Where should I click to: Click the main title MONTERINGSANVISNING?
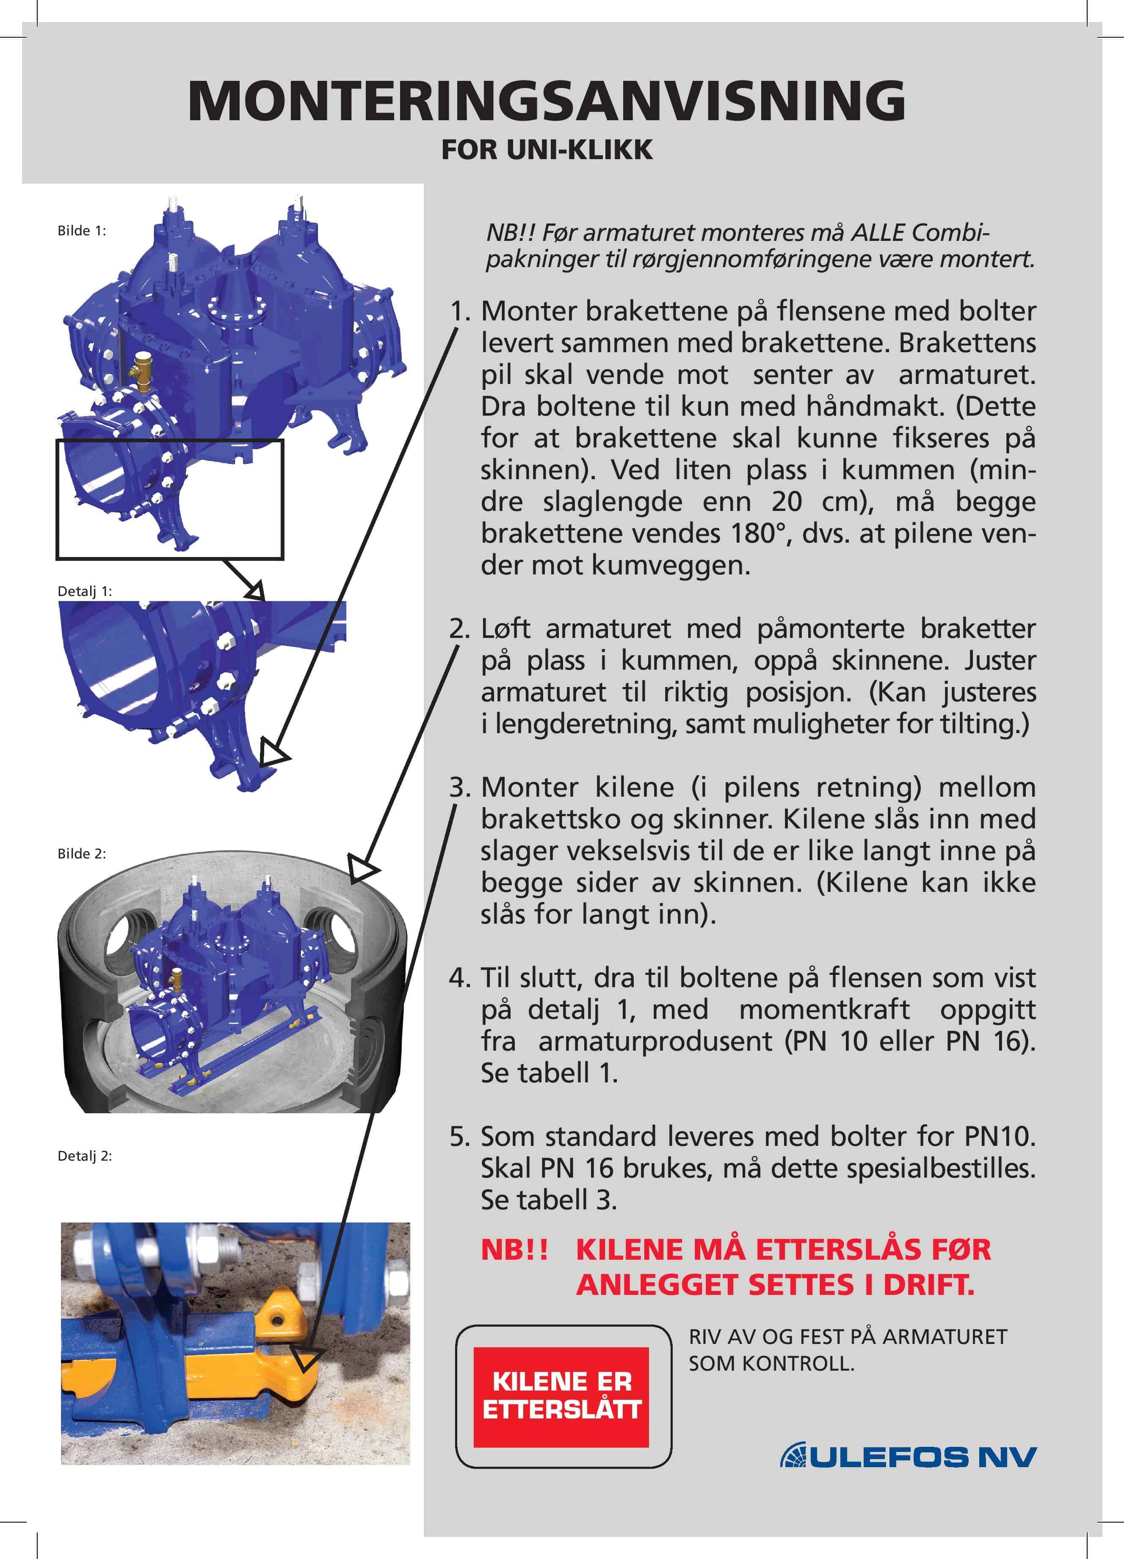click(x=547, y=101)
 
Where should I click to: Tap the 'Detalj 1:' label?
click(x=84, y=591)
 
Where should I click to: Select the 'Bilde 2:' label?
click(x=81, y=854)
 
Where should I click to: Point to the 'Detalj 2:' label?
click(x=84, y=1156)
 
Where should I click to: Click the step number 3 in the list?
click(x=459, y=787)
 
